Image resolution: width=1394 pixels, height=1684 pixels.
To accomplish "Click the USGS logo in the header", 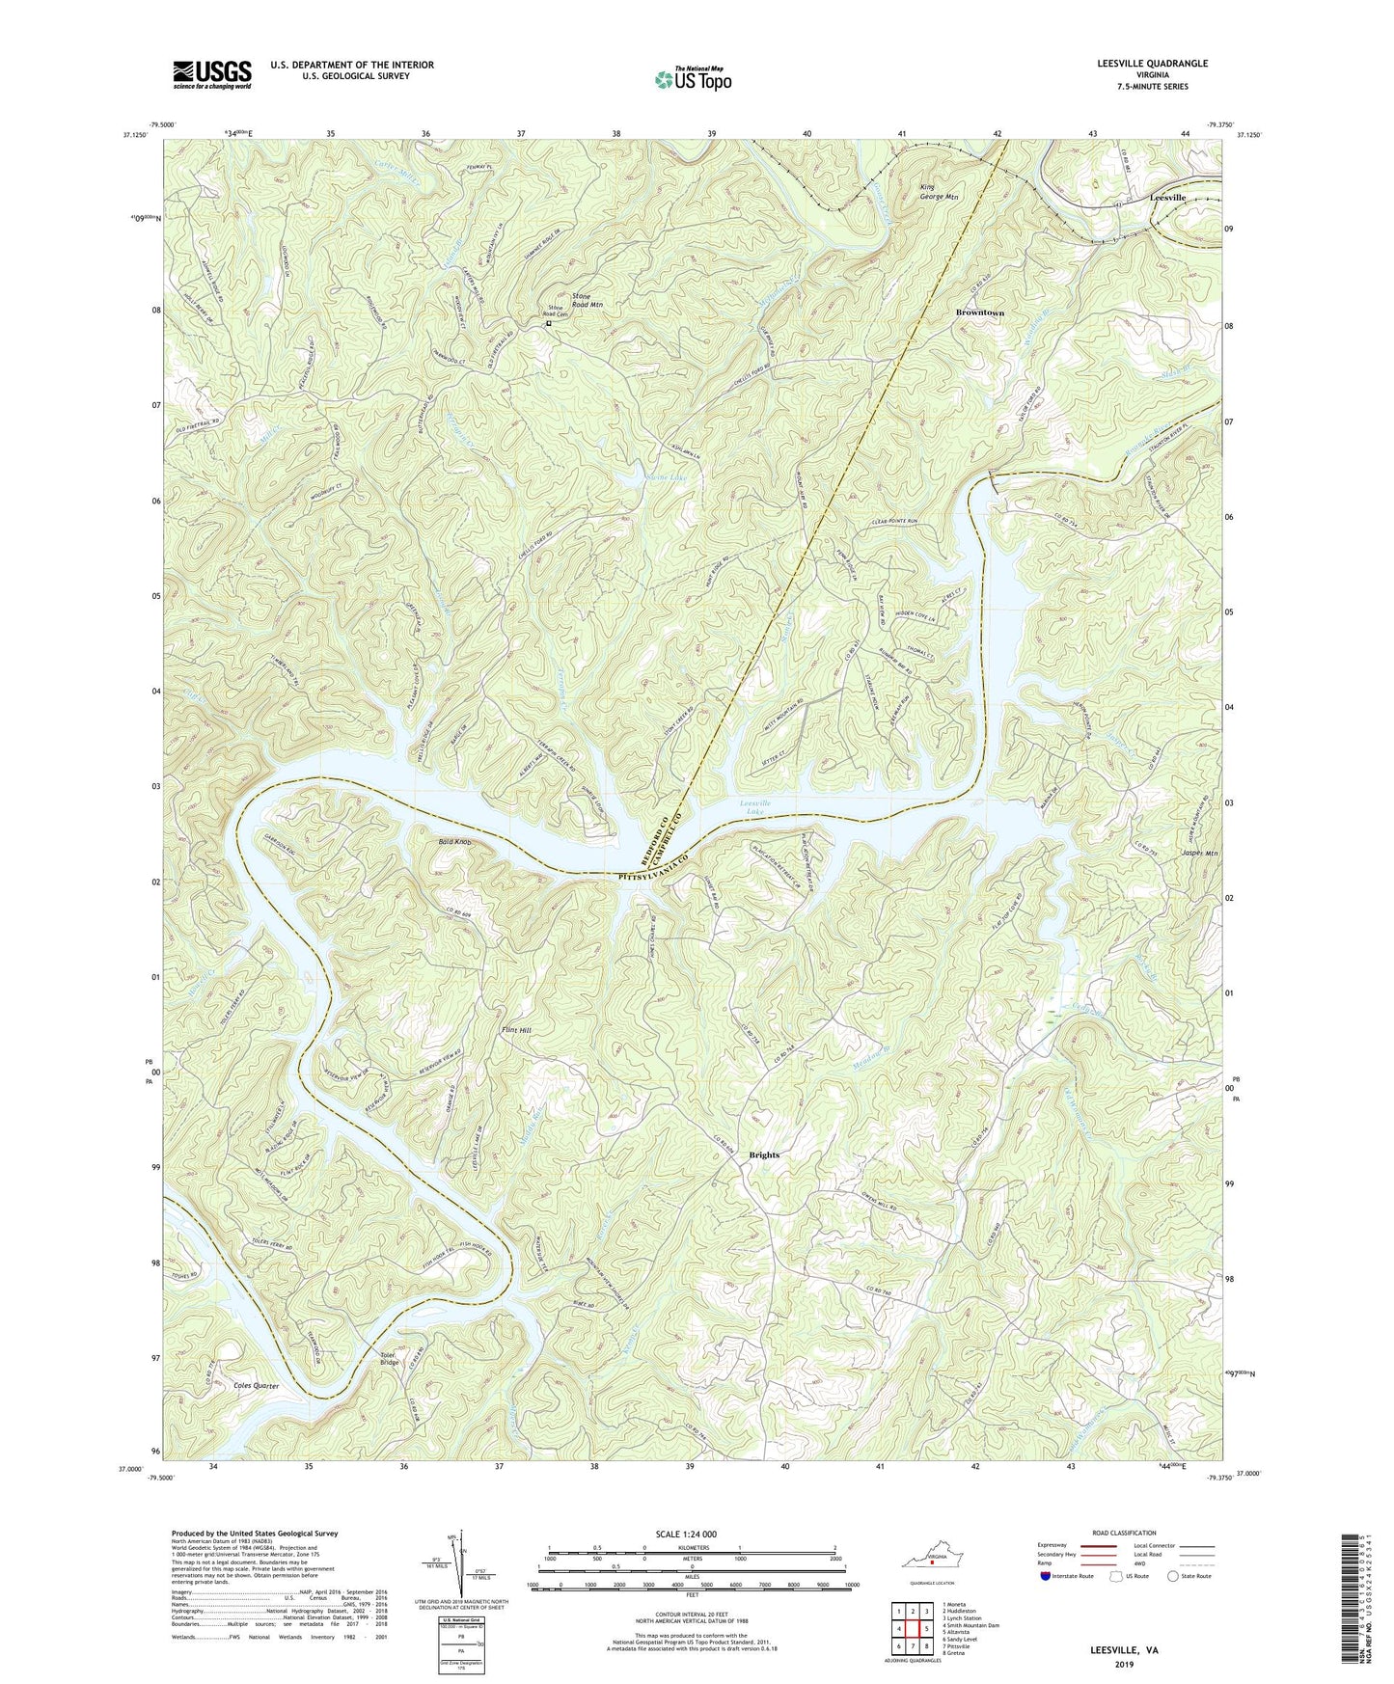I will (212, 73).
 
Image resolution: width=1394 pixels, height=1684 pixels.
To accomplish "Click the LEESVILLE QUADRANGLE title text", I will (1151, 64).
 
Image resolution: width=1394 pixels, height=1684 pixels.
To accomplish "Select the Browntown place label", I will (979, 313).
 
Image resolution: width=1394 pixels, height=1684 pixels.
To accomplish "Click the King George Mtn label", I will (939, 192).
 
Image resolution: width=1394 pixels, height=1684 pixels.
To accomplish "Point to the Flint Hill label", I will (516, 1030).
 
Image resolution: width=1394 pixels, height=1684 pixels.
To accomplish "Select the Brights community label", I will (763, 1154).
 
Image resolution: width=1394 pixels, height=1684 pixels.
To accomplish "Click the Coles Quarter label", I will (256, 1386).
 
